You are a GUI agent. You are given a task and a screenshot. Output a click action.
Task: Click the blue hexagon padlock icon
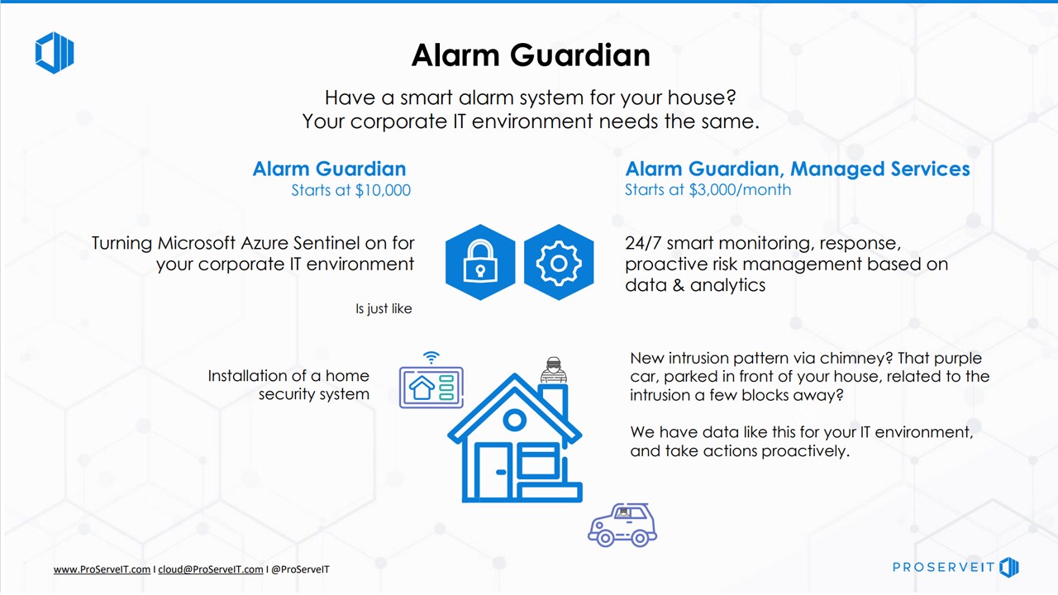point(480,263)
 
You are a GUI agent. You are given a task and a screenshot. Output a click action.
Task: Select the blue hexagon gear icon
point(559,263)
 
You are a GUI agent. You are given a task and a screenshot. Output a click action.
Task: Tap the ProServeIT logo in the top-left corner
point(55,52)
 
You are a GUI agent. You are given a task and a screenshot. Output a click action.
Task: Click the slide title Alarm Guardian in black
point(531,55)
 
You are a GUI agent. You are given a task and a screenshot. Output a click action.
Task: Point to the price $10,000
point(383,190)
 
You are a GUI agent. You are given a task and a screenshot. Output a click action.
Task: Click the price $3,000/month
point(740,190)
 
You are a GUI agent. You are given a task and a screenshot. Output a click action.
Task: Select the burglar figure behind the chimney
point(554,369)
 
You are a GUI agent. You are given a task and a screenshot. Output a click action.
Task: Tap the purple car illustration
point(622,525)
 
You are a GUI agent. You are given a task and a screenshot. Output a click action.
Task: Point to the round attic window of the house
point(514,419)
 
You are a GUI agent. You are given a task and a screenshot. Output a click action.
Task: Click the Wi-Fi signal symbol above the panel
point(431,357)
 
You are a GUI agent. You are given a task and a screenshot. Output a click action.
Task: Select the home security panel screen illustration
point(431,388)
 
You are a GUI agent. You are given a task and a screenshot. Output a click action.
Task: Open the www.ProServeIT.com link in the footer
point(102,569)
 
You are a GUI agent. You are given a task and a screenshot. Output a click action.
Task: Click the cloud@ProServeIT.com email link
point(211,569)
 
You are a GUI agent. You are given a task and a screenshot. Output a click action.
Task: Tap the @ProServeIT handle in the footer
point(300,569)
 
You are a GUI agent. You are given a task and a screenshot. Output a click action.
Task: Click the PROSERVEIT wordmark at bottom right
point(943,567)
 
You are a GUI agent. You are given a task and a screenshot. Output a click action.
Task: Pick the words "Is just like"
point(384,309)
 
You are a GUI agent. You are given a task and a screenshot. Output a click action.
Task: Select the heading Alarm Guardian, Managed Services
point(798,169)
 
